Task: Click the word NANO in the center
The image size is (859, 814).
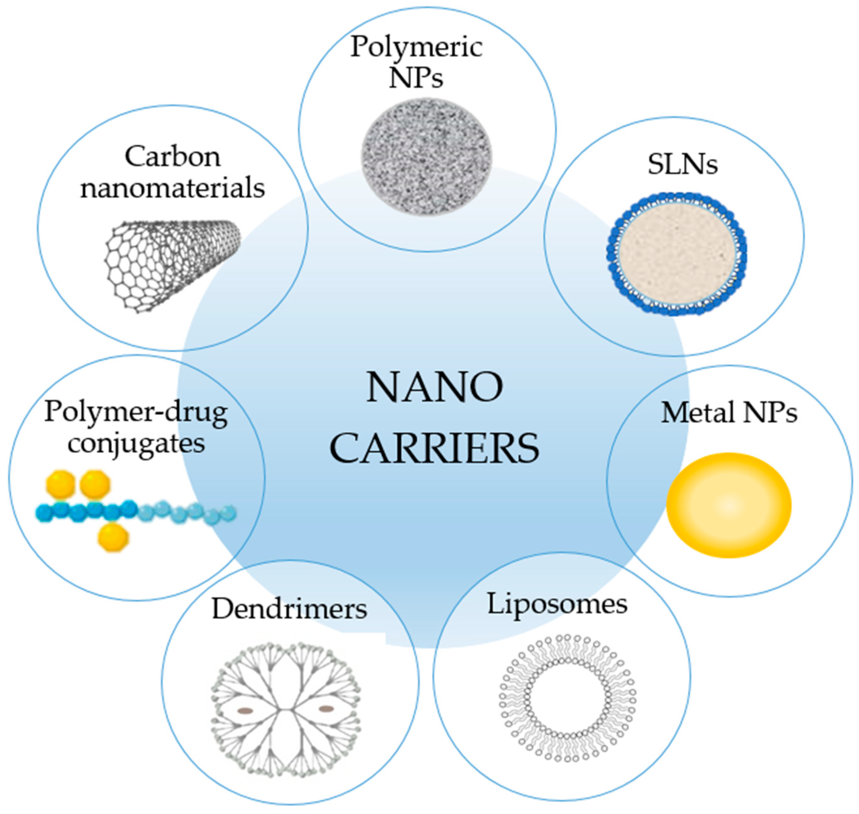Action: (x=435, y=387)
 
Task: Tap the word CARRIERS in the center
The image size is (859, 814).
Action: (x=435, y=448)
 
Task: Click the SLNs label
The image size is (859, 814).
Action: (x=683, y=165)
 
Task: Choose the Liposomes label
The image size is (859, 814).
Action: (x=557, y=604)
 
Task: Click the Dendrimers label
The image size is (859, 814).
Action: (x=289, y=609)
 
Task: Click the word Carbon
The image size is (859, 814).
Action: (x=173, y=157)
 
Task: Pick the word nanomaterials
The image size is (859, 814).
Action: (x=173, y=189)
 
